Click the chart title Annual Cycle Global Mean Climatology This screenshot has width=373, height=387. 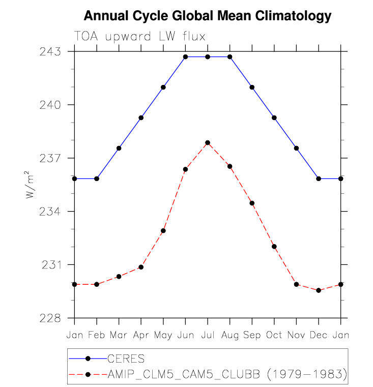click(207, 16)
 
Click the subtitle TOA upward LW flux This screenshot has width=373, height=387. click(139, 36)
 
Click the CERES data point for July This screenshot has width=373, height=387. click(208, 56)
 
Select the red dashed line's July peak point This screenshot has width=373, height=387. click(208, 142)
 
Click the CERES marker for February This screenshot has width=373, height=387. click(97, 178)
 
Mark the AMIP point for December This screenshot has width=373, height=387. click(319, 290)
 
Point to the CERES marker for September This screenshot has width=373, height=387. click(252, 87)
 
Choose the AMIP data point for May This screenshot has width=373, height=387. click(163, 231)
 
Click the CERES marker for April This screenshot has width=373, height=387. click(141, 117)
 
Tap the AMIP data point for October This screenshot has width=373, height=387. click(274, 246)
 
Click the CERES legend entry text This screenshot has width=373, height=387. click(129, 359)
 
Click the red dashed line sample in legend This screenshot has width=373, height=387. click(88, 375)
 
